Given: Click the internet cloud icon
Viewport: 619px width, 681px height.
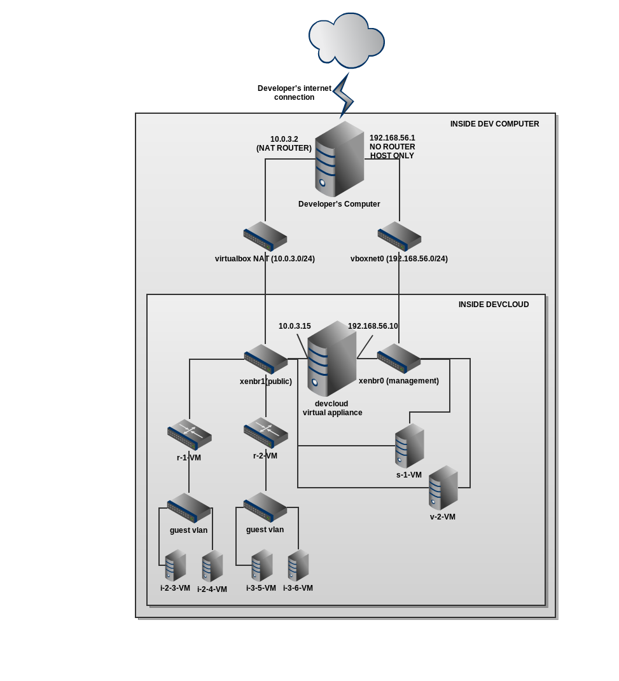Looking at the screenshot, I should [347, 39].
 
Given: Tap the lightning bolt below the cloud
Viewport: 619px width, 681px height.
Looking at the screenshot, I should [343, 95].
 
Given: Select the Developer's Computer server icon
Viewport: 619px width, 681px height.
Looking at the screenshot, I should [339, 159].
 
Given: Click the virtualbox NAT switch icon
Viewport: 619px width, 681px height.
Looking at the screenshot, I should [265, 236].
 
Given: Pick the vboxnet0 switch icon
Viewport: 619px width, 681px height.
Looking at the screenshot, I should [399, 236].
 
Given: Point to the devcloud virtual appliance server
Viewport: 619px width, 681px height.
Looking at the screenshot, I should [331, 359].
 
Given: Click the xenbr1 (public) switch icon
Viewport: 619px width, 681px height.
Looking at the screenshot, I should [266, 359].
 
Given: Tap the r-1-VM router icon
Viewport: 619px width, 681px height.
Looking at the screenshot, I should [189, 434].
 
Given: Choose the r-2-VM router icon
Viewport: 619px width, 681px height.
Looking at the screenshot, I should [266, 432].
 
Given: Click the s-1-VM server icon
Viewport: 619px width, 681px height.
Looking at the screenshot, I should [409, 446].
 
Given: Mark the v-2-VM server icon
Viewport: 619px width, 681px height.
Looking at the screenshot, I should [443, 488].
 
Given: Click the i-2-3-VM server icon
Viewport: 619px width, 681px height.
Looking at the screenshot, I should [175, 565].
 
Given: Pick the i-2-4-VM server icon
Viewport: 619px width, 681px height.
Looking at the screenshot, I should [212, 566].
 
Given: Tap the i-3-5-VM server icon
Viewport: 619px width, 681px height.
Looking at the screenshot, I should [261, 565].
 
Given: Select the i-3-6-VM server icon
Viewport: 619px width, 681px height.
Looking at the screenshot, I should [298, 565].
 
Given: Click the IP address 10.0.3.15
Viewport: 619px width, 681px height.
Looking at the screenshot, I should [295, 326].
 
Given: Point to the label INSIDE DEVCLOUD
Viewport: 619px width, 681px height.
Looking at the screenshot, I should [494, 305].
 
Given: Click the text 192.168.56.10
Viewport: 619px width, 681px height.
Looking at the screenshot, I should [373, 326].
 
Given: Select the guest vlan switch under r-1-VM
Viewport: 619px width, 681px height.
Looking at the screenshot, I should [189, 508].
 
